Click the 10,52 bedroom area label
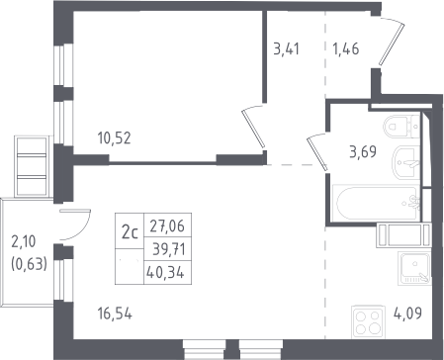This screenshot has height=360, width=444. coord(115,138)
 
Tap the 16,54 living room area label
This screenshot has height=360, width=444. coord(115,314)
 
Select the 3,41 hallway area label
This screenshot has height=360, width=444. coord(287,48)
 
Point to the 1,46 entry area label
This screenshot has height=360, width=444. coord(346,48)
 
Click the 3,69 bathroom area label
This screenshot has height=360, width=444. coord(363,152)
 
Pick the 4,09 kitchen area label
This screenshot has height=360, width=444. coord(407,313)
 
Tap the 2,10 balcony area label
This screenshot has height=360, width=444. coord(24,241)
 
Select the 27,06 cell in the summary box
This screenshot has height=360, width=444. coord(167,225)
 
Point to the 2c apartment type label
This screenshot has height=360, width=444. coord(130,232)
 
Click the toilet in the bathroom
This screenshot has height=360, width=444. coord(401,127)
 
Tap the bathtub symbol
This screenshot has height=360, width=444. coord(376,203)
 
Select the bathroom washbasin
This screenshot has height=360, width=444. coord(405,163)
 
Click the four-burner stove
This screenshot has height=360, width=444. coord(368,322)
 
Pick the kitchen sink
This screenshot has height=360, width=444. coord(414,268)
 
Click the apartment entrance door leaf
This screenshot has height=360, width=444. coord(392,44)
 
